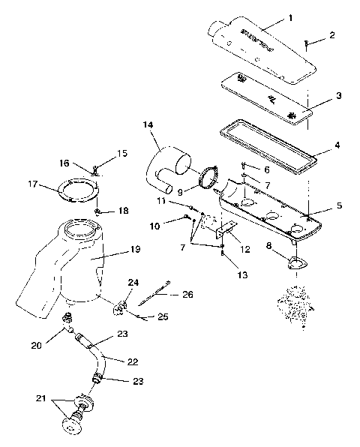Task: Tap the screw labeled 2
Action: pos(306,43)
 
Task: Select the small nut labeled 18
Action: pos(98,212)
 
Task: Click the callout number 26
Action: pos(187,295)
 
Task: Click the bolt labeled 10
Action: pos(187,218)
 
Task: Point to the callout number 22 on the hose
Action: pos(132,361)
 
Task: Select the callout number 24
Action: pos(133,283)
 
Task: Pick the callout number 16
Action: pos(64,163)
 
